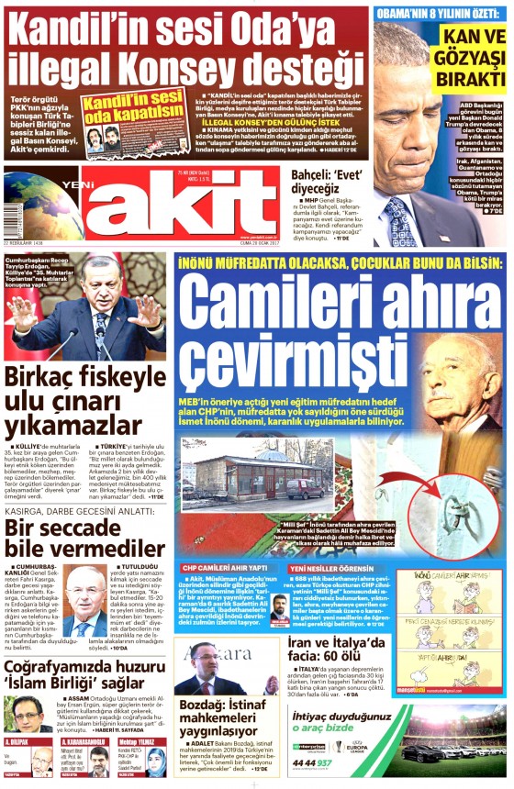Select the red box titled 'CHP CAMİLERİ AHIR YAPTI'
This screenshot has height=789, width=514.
225,568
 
